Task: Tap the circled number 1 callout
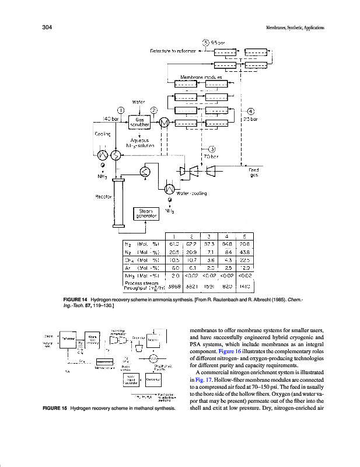click(x=121, y=110)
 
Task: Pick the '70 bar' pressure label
click(x=211, y=156)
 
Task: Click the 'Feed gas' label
click(x=254, y=172)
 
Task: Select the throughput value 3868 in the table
click(x=173, y=286)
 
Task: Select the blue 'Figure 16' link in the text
click(x=235, y=365)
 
